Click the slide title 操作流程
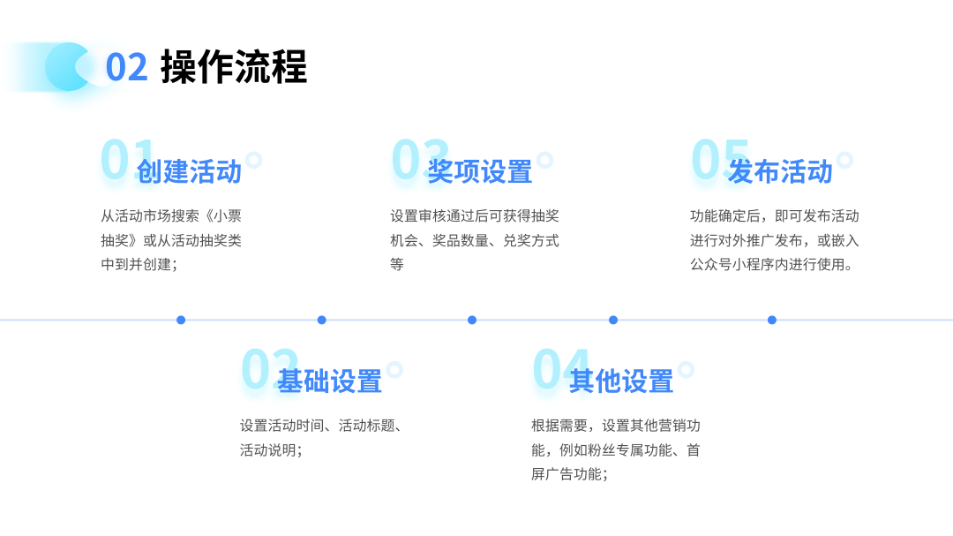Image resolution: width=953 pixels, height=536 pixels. click(x=234, y=66)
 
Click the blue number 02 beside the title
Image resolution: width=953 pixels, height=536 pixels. click(x=126, y=67)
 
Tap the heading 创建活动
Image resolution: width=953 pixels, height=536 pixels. click(x=189, y=171)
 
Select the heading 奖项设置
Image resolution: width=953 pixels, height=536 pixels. click(x=479, y=171)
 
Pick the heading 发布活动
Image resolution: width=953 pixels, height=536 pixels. click(x=780, y=171)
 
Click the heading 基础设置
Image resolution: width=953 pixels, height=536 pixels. click(x=329, y=381)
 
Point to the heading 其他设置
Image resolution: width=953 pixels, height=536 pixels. click(x=621, y=381)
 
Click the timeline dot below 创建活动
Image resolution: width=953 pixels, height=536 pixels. click(x=181, y=320)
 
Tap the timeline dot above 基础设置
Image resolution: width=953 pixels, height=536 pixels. click(x=321, y=320)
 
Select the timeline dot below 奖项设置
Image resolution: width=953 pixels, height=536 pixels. click(x=471, y=320)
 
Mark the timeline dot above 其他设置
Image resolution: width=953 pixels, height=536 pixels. click(x=612, y=320)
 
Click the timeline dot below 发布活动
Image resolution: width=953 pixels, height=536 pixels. click(x=771, y=320)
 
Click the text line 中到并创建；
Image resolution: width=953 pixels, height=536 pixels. click(x=139, y=265)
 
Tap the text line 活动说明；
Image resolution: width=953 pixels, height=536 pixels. click(x=271, y=450)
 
